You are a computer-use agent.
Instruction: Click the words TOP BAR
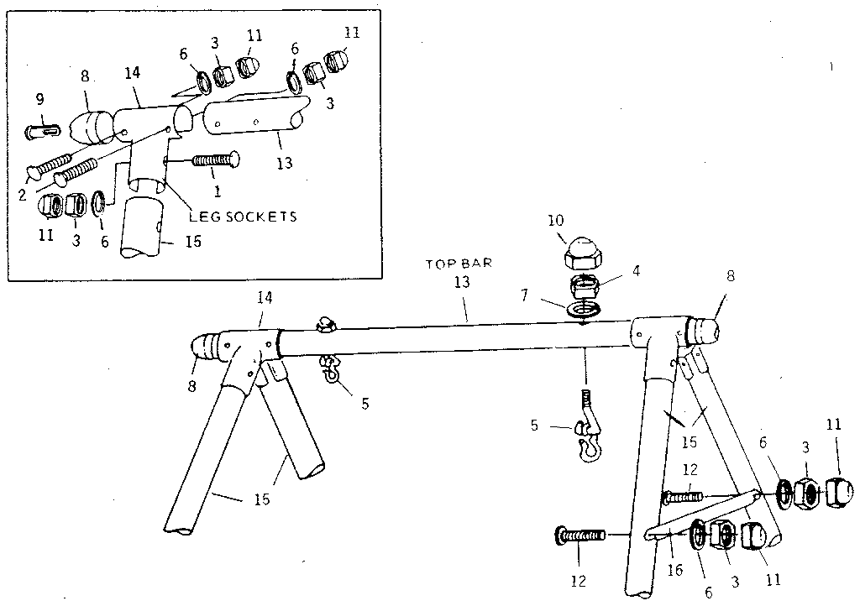coord(459,264)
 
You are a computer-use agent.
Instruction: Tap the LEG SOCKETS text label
coord(243,217)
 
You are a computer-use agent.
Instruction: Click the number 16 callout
coord(675,570)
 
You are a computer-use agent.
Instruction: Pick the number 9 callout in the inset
coord(39,99)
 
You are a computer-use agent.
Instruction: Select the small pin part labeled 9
coord(44,132)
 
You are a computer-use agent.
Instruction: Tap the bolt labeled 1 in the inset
coord(215,159)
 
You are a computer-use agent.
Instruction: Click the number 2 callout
coord(22,194)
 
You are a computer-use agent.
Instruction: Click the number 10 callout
coord(555,220)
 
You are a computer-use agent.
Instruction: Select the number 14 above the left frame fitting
coord(265,297)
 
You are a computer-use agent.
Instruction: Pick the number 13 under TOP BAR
coord(462,282)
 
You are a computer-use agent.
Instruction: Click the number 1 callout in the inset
coord(218,191)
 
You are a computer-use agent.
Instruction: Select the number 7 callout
coord(524,295)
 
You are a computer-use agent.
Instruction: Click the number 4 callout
coord(637,270)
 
